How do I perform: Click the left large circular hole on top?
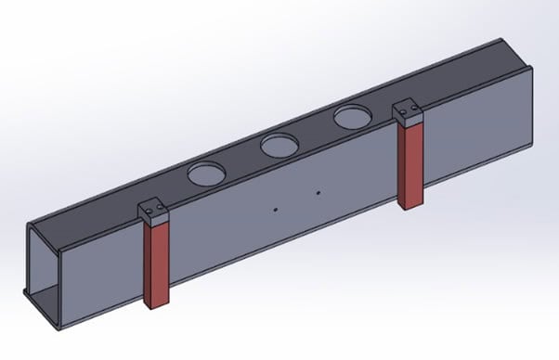click(x=206, y=172)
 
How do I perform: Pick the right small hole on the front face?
click(x=318, y=193)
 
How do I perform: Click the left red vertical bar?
click(x=158, y=264)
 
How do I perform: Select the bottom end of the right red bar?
click(x=410, y=205)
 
